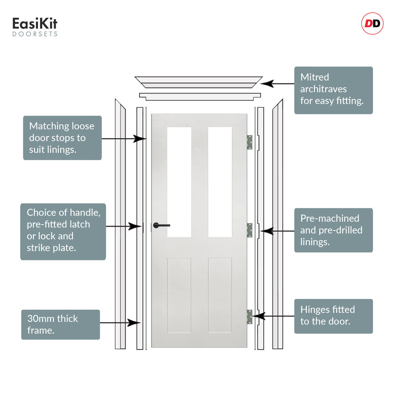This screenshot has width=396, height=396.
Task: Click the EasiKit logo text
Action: pos(35,24)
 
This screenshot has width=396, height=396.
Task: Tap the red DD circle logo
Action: pos(372,24)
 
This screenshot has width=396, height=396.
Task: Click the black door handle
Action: pos(161,225)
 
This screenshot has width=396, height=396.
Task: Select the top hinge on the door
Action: pos(249,142)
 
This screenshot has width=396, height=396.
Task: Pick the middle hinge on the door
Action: pos(249,230)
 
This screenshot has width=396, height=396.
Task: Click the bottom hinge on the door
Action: pos(249,317)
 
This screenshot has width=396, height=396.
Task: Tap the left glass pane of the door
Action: pos(179,182)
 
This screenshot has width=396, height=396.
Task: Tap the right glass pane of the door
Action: pos(220,182)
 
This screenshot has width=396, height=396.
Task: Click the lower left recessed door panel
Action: pos(179,295)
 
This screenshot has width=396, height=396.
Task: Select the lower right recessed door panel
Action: pos(220,295)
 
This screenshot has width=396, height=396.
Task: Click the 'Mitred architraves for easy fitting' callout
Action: pos(333,90)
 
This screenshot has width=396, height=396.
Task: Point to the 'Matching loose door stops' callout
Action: pos(62,138)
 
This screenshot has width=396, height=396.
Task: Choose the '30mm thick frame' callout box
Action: pos(60,324)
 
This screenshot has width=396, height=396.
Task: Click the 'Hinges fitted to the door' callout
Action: pos(333,316)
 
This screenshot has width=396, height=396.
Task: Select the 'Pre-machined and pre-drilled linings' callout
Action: pos(333,230)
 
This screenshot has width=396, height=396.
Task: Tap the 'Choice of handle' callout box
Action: pos(63,231)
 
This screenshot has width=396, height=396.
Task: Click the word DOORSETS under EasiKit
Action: pos(35,34)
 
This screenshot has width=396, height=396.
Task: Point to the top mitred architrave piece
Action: pos(198,82)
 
